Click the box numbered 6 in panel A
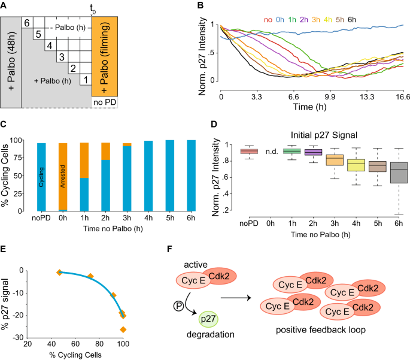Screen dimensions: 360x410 click(27, 22)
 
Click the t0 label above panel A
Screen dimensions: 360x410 click(92, 9)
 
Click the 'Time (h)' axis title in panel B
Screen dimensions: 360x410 click(312, 109)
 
